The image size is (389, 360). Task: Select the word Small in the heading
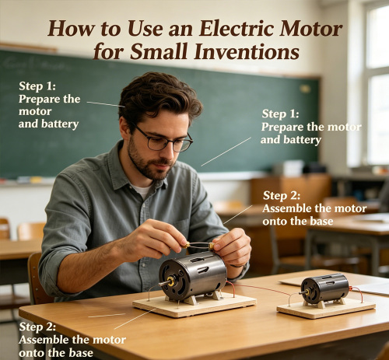pyautogui.click(x=162, y=51)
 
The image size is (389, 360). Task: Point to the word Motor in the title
pyautogui.click(x=310, y=29)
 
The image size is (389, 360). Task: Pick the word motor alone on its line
pyautogui.click(x=35, y=111)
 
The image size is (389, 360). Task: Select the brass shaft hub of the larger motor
pyautogui.click(x=170, y=281)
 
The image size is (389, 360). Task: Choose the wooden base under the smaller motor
pyautogui.click(x=326, y=309)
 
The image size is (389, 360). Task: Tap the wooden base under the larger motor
pyautogui.click(x=194, y=305)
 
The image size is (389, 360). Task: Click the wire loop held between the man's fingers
pyautogui.click(x=199, y=246)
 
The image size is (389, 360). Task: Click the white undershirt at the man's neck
pyautogui.click(x=142, y=191)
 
